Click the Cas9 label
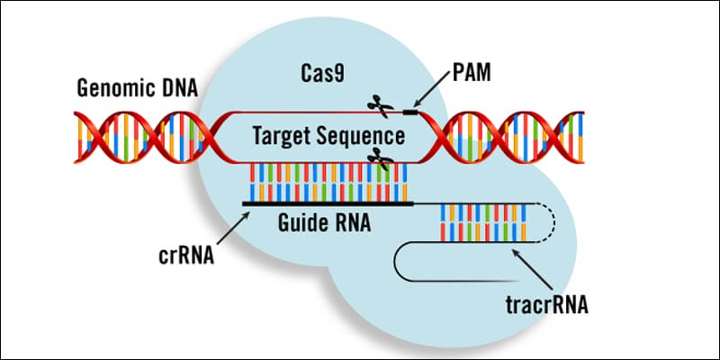[x=322, y=74]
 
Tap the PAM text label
[x=472, y=73]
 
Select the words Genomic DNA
[x=138, y=88]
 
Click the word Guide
[x=300, y=223]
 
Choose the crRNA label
[x=186, y=256]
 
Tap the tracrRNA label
[x=546, y=305]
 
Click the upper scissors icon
[x=380, y=105]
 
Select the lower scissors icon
[x=380, y=158]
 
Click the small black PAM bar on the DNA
[x=410, y=112]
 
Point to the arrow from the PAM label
[x=432, y=89]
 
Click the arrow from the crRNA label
[x=234, y=228]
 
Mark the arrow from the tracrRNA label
[x=532, y=268]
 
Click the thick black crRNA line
[x=328, y=204]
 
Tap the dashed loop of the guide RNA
[x=549, y=222]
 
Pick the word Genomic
[x=116, y=88]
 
